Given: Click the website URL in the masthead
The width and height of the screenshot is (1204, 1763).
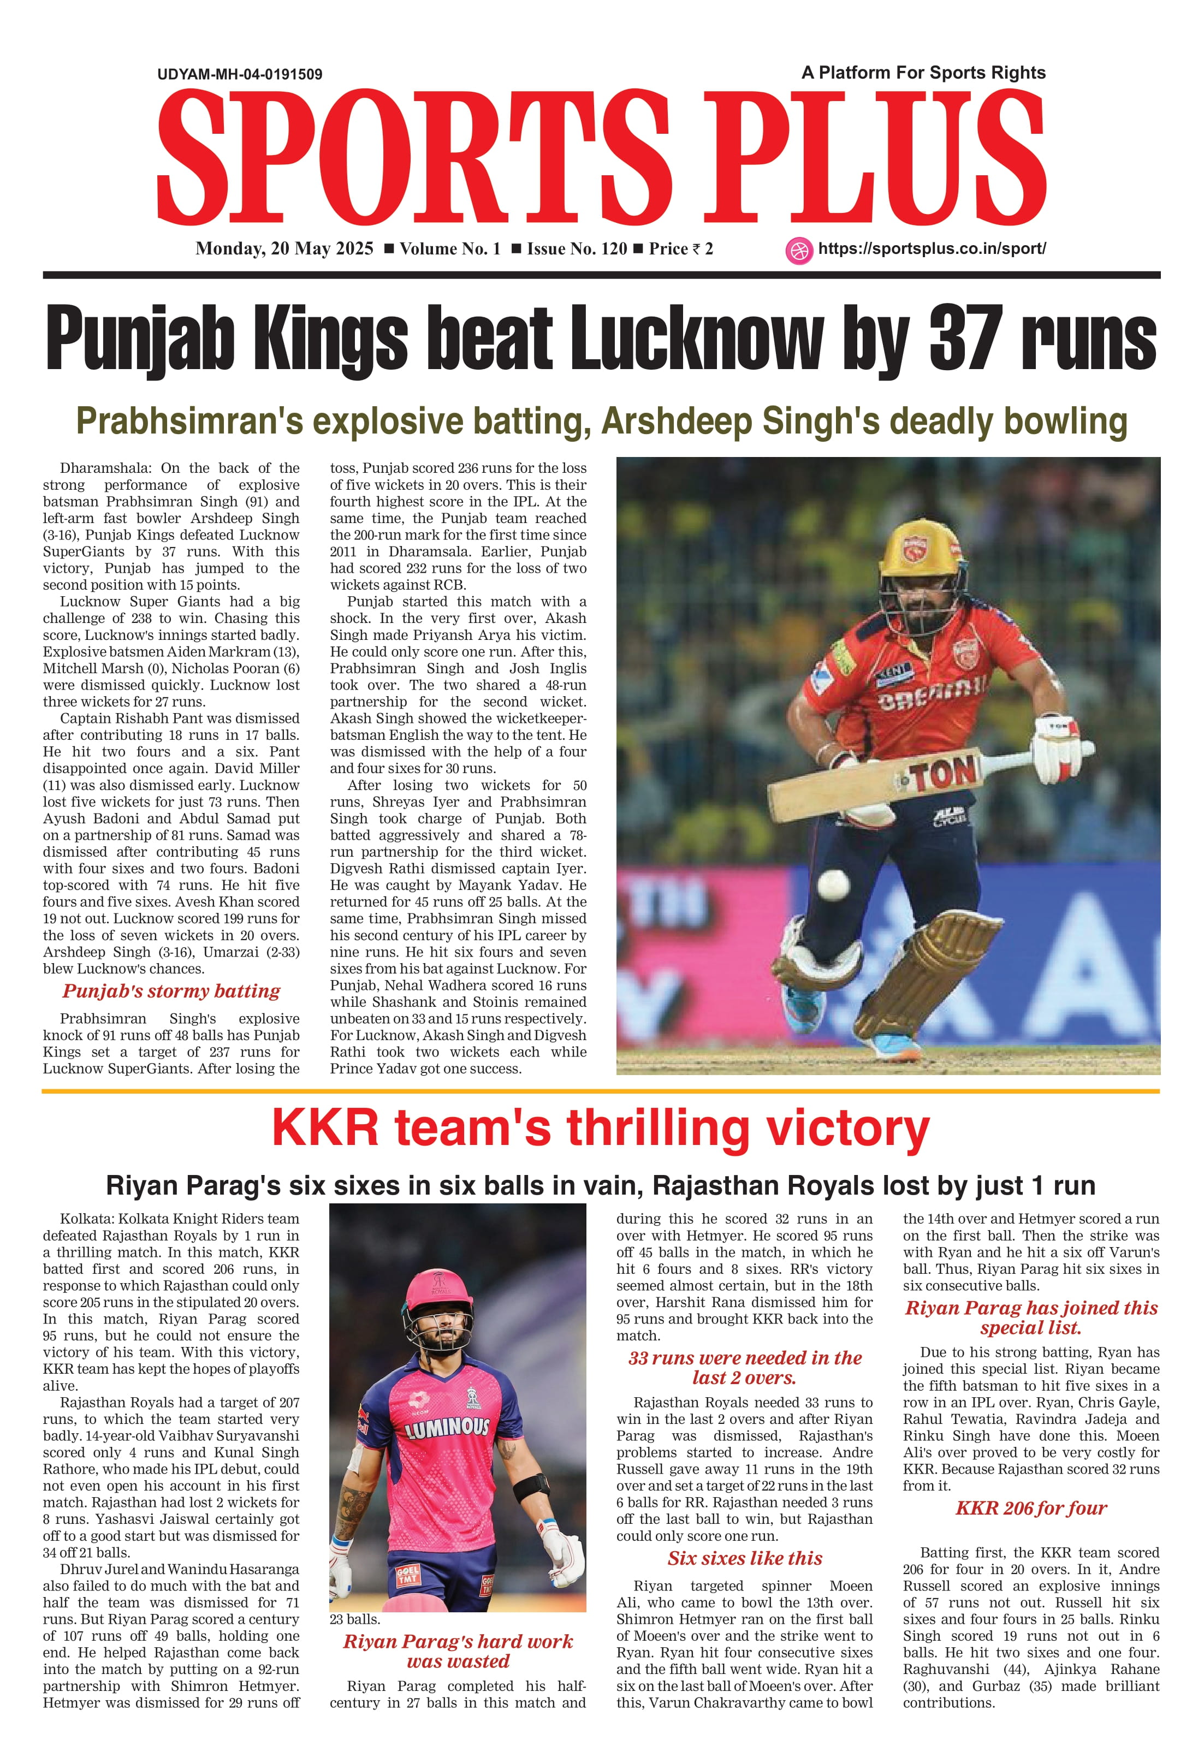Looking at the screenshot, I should click(x=932, y=249).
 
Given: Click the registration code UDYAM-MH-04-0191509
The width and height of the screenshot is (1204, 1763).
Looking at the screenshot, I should click(x=240, y=74).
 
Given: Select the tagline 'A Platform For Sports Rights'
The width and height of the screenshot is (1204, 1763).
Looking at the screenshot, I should click(x=923, y=73).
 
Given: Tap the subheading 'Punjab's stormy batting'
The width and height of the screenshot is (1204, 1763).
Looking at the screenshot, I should click(x=171, y=991).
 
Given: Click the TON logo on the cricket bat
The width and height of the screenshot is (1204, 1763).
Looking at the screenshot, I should click(x=943, y=775).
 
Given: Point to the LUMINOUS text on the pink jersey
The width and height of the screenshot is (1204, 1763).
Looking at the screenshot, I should click(x=448, y=1428).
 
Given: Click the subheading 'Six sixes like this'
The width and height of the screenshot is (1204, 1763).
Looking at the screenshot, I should click(x=744, y=1558).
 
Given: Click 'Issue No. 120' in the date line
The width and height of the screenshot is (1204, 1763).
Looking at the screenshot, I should click(x=577, y=249).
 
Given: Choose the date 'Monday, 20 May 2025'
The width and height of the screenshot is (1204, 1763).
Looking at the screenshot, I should click(x=284, y=249).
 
